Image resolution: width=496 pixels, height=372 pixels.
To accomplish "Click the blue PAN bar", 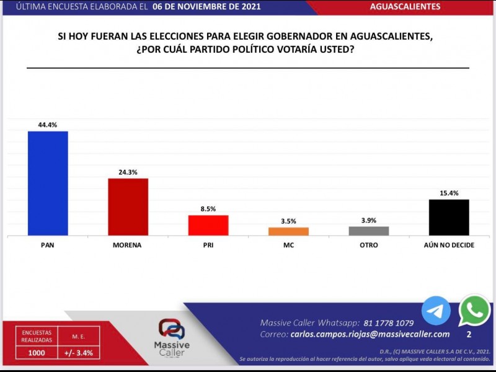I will [x=48, y=183].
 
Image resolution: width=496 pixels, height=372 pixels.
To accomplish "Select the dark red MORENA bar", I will [x=128, y=206].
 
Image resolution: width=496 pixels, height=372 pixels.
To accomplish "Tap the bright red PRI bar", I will [x=208, y=225].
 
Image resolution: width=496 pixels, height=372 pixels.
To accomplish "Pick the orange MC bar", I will [x=288, y=231].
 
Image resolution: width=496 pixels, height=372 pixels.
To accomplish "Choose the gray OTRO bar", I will [x=369, y=231].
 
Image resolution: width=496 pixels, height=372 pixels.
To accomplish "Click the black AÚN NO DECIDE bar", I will [x=449, y=217].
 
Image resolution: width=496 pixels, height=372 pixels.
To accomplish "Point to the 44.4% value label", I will [x=48, y=125].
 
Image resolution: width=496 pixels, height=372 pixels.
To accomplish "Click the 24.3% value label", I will [x=128, y=172].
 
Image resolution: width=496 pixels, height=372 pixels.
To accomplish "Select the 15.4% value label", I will [x=449, y=193].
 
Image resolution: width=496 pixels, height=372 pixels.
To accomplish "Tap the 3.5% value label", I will [x=288, y=221].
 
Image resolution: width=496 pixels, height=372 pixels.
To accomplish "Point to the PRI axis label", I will [x=208, y=246].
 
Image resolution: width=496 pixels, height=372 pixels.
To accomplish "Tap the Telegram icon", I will [x=436, y=311].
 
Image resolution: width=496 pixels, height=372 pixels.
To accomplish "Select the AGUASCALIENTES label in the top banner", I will [x=405, y=7].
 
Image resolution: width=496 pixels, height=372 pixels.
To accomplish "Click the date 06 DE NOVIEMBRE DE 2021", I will [x=206, y=7].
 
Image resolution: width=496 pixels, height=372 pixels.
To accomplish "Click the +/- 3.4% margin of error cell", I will [x=78, y=353].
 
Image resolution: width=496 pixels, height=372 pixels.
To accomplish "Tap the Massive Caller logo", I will [x=174, y=337].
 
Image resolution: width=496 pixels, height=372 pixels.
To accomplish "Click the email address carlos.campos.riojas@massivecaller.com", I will [x=370, y=334].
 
